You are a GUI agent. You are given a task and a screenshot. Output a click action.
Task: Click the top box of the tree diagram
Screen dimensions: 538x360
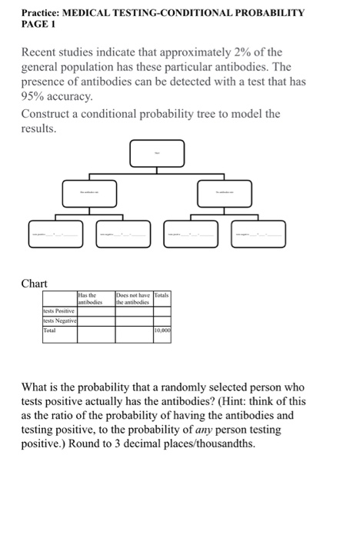pyautogui.click(x=157, y=154)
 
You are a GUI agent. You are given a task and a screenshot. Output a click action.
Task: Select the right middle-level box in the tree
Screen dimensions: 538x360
pyautogui.click(x=224, y=194)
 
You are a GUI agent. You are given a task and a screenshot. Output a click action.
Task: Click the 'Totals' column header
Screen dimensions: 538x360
pyautogui.click(x=163, y=296)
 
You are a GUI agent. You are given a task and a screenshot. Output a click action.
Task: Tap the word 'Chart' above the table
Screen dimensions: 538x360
pyautogui.click(x=35, y=283)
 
